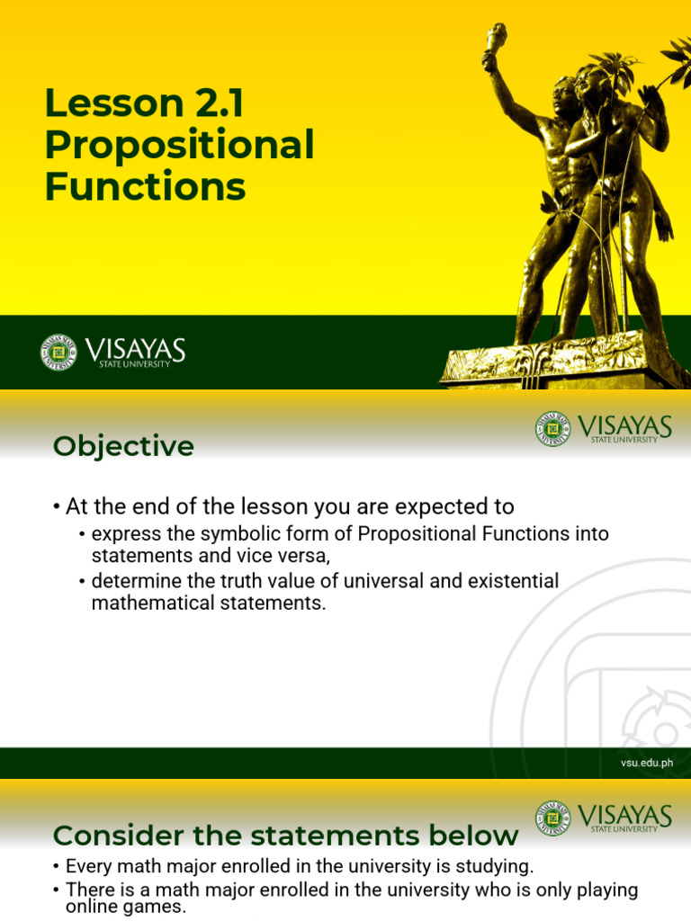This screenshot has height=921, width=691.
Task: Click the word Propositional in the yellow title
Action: tap(179, 146)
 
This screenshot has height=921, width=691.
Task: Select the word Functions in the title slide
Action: tap(145, 187)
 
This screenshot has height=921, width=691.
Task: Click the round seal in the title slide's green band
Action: tap(58, 352)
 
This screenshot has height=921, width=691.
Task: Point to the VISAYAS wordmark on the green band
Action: tap(135, 349)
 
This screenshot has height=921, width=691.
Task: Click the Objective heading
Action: tap(123, 446)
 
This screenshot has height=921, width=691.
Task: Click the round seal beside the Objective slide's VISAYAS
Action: tap(552, 429)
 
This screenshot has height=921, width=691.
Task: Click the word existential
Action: tap(511, 581)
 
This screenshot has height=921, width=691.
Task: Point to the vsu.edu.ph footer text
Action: tap(646, 763)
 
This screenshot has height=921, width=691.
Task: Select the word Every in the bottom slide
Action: tap(86, 867)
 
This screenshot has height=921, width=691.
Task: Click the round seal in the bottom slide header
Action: tap(552, 818)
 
